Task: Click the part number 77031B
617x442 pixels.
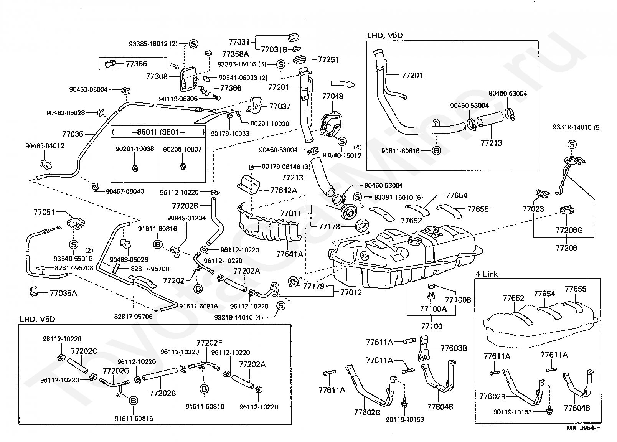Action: [274, 49]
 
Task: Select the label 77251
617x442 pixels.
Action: [328, 59]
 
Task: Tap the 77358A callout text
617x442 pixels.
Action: [236, 54]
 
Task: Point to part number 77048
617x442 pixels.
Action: [333, 96]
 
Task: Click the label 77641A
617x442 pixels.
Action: [289, 254]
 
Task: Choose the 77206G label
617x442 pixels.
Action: [569, 230]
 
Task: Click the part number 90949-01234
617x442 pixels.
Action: [186, 218]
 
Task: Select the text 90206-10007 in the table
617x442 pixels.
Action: [182, 149]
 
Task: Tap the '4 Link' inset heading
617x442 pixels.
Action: [487, 274]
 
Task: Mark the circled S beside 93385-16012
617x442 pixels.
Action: [193, 44]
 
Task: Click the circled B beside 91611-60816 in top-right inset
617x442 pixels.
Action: [436, 151]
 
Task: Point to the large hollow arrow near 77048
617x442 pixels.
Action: [343, 84]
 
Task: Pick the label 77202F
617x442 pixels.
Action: [210, 343]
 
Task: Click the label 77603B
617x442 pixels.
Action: [454, 348]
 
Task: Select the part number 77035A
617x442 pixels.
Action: [63, 293]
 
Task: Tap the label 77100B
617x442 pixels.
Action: [458, 300]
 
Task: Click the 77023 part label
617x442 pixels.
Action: [533, 209]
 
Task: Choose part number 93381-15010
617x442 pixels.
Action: [394, 198]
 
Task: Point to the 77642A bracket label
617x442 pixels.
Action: [284, 190]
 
